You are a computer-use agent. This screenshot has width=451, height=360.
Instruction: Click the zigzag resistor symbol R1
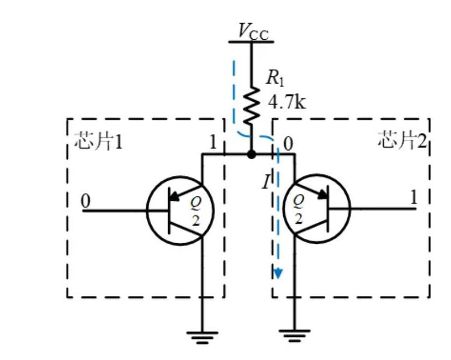[x=251, y=105]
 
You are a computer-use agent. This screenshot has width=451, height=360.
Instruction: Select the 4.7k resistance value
[x=287, y=101]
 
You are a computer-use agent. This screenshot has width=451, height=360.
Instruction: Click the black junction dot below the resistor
[x=251, y=154]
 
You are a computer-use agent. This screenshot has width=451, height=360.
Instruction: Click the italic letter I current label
[x=266, y=182]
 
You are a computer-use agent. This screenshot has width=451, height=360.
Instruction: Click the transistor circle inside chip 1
[x=180, y=210]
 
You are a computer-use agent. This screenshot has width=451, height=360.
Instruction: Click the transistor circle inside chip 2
[x=316, y=210]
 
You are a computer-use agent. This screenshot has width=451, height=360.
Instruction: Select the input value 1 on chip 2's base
[x=413, y=197]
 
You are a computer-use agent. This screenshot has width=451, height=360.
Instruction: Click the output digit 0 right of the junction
[x=288, y=143]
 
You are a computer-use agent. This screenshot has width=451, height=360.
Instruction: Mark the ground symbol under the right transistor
[x=295, y=338]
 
